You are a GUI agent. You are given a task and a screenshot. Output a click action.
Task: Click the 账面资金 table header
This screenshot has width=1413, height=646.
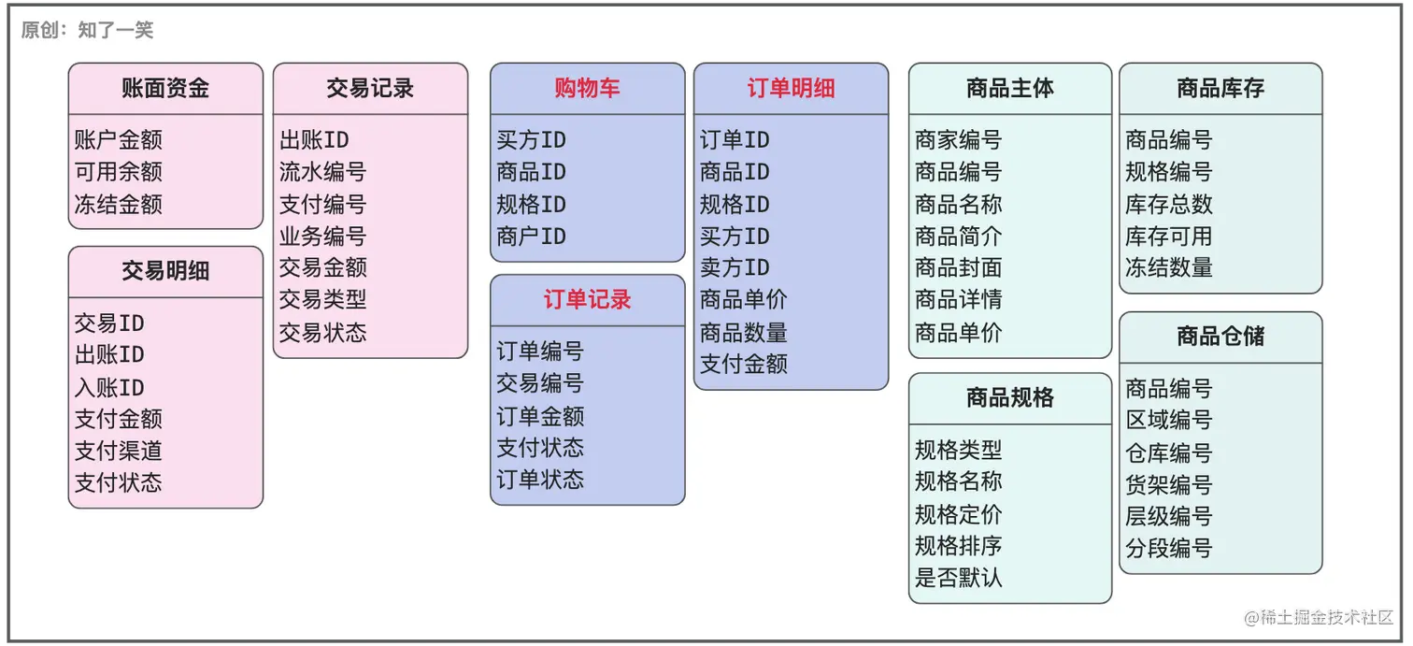tap(165, 89)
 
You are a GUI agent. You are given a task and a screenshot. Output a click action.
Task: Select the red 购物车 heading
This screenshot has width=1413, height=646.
tap(587, 89)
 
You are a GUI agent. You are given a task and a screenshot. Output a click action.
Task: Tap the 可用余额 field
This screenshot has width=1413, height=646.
tap(119, 172)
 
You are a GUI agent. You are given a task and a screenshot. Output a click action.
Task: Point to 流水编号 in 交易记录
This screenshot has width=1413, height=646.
tap(322, 172)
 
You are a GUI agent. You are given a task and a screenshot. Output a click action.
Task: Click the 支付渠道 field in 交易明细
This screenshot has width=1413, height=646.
tap(119, 451)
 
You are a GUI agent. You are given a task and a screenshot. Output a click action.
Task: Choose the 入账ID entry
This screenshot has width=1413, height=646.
tap(109, 387)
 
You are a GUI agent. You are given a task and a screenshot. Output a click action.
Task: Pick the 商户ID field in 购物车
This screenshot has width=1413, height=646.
tap(531, 237)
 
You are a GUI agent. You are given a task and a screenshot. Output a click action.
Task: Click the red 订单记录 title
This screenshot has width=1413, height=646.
tap(587, 300)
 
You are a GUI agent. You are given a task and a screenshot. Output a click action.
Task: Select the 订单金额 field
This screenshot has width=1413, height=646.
tap(540, 415)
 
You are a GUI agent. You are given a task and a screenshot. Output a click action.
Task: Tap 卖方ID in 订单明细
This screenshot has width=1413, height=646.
tap(735, 268)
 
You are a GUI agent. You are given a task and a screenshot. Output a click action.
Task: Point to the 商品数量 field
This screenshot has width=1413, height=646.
tap(744, 333)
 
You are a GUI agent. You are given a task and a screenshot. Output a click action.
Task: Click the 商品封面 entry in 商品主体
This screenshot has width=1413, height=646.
tap(959, 268)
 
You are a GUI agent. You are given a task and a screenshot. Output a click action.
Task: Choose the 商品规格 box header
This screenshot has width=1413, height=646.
tap(1010, 398)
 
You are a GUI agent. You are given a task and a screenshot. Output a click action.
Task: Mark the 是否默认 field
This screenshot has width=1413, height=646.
tap(959, 578)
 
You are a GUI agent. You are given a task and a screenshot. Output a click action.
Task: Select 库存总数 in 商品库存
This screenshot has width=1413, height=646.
tap(1169, 204)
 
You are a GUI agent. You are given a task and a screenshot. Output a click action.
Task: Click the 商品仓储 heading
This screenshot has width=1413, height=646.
tap(1220, 337)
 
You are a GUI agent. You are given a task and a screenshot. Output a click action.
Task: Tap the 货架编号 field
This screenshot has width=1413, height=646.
tap(1169, 484)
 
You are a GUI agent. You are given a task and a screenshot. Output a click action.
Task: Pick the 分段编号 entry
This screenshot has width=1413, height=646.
tap(1169, 548)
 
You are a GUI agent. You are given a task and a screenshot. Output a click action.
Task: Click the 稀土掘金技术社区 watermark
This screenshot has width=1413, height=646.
tap(1319, 618)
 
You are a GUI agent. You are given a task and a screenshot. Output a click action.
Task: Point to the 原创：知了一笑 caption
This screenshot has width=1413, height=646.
tap(87, 30)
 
